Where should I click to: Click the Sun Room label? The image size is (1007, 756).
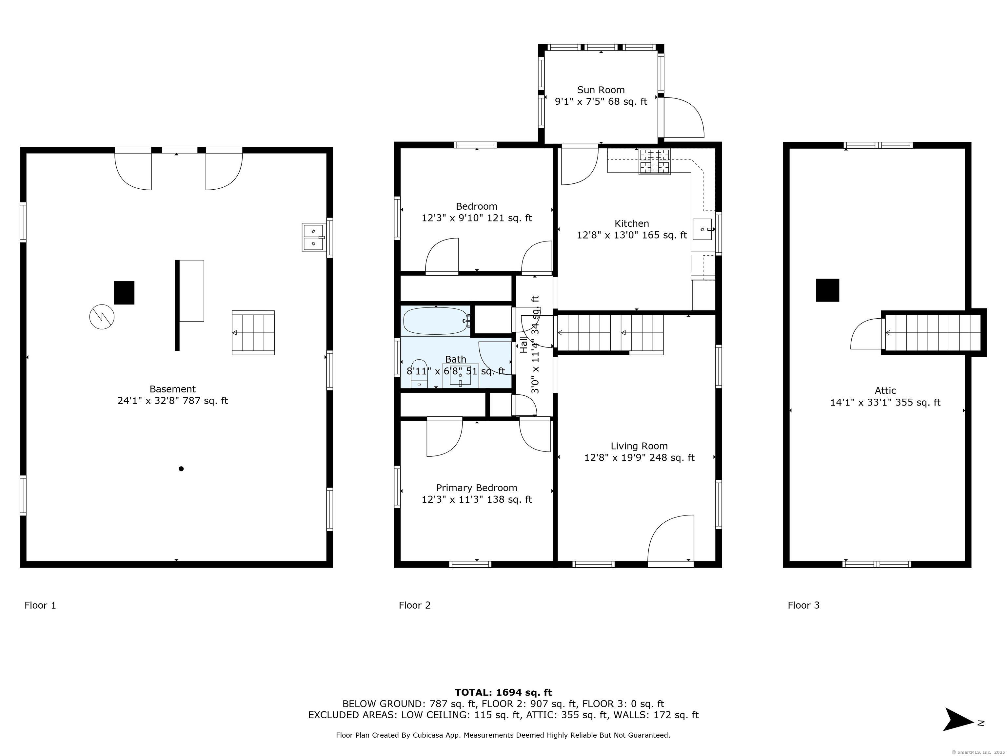601,90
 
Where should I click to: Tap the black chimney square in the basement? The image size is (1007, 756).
124,293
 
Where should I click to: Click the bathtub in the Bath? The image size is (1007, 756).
436,321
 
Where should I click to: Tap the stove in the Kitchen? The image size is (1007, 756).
655,162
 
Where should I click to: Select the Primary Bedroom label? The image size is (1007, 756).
477,488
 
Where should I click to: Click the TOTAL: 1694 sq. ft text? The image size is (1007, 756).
503,693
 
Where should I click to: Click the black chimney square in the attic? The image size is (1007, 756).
827,290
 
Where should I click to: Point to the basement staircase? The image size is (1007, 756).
253,333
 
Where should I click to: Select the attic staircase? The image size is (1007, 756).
932,333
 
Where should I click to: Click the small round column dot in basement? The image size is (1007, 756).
181,469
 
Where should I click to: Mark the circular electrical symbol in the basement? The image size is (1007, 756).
102,317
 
